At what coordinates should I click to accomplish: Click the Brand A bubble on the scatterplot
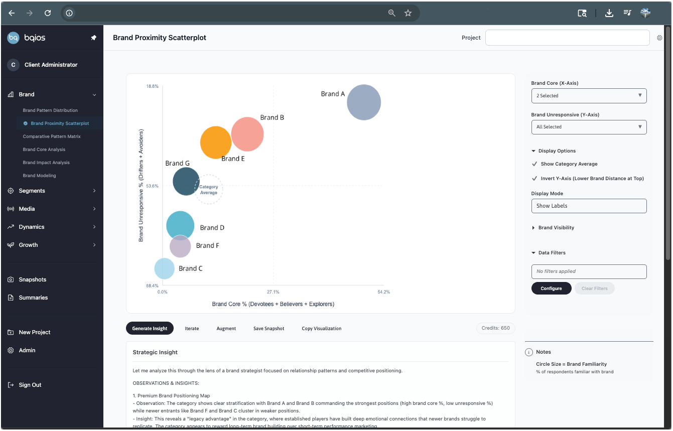(x=364, y=102)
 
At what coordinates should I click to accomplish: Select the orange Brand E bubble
(x=215, y=142)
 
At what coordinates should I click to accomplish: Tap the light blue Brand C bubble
(x=164, y=268)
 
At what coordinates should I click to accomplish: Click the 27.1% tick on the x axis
(x=273, y=292)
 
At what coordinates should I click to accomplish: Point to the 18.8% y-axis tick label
(x=152, y=86)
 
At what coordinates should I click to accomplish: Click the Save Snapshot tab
(x=268, y=329)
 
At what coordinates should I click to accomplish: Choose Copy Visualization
(x=321, y=329)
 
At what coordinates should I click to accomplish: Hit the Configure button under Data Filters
(x=551, y=289)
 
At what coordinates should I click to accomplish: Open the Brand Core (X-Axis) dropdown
(x=589, y=95)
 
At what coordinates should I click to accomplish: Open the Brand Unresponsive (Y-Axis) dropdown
(x=589, y=127)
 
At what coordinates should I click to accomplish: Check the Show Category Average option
(x=534, y=164)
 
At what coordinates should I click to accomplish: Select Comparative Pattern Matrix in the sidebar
(x=52, y=136)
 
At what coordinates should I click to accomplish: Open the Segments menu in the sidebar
(x=32, y=191)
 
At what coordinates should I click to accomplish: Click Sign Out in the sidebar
(x=30, y=385)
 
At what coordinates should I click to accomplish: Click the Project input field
(x=567, y=38)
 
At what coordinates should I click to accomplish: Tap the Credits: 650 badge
(x=495, y=328)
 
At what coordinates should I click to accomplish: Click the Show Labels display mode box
(x=589, y=206)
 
